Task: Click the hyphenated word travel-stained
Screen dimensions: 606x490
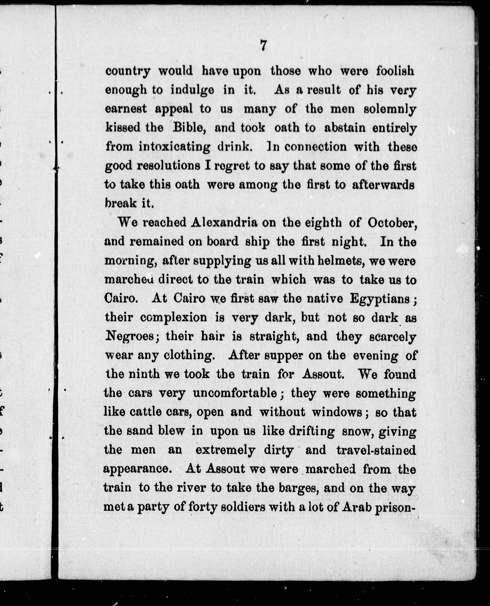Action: [x=376, y=450]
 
